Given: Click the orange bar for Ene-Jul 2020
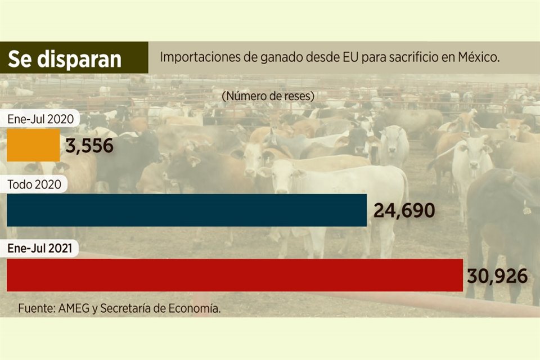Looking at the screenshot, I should tap(33, 145).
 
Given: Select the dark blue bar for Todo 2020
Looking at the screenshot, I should tap(187, 210).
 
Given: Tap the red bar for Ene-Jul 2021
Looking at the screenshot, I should tap(235, 275).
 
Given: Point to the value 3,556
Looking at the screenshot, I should tap(89, 146).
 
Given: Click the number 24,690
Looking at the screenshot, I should tap(404, 211).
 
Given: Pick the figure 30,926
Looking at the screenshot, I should tap(497, 276).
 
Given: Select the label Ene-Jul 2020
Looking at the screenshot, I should tap(40, 119).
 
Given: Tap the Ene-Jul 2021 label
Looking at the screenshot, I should tap(40, 248).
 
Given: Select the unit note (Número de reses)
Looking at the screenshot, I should tap(268, 96).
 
